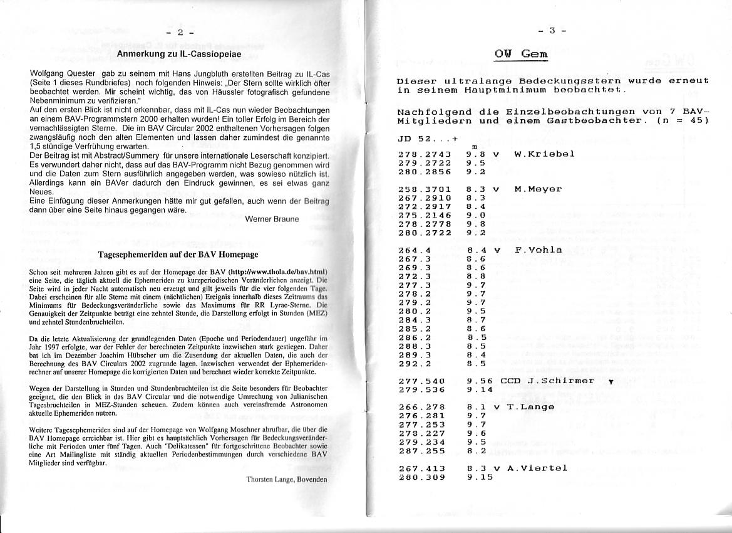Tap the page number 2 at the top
point(180,33)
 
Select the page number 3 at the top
point(552,31)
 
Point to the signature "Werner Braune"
point(271,219)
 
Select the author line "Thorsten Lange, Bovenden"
point(287,480)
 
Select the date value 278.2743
point(424,154)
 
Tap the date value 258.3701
point(424,189)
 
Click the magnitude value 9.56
point(480,380)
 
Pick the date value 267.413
point(421,468)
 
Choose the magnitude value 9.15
point(480,477)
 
